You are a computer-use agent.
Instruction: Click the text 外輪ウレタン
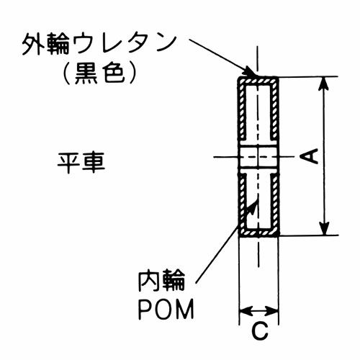coord(99,45)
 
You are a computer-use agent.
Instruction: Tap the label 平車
coord(81,163)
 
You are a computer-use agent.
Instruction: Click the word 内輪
coord(161,281)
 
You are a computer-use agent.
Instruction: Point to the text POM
coord(166,310)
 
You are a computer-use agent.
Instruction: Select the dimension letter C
coord(260,331)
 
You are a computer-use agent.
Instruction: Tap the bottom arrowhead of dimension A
coord(325,228)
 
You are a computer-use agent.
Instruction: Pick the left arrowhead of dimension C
coord(246,311)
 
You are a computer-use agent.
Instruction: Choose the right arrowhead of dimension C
coord(272,311)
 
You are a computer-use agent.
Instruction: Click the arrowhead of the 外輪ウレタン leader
coord(250,70)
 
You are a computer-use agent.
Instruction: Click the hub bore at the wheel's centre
coord(259,157)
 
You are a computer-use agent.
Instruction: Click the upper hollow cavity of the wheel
coord(258,112)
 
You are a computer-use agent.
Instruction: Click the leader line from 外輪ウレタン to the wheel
coord(221,56)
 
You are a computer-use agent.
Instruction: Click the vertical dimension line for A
coord(325,156)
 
